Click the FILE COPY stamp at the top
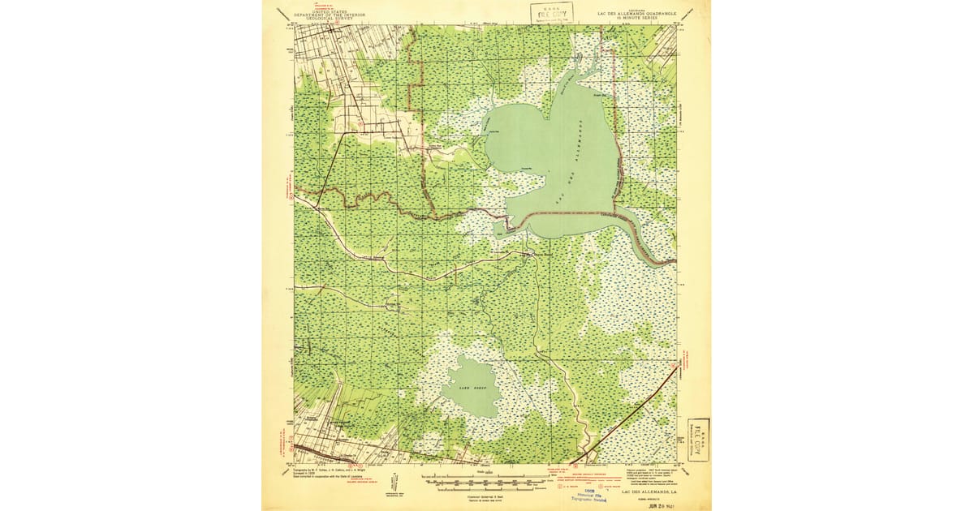(x=552, y=12)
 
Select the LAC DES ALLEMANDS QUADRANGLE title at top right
(x=643, y=12)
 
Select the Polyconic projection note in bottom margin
(x=649, y=474)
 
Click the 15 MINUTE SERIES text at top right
(x=643, y=18)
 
